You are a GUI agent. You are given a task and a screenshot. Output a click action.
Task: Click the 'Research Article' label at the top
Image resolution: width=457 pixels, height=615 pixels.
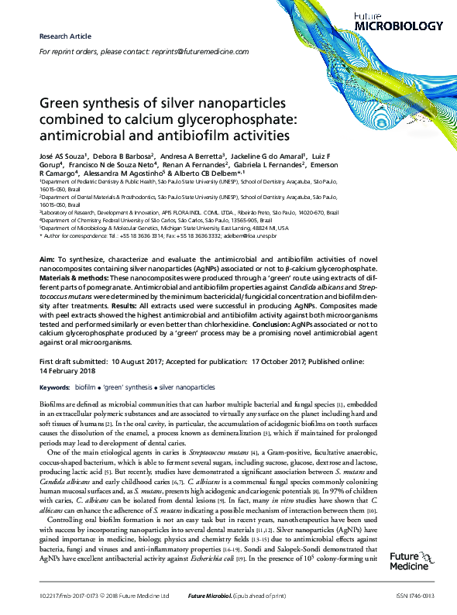pyautogui.click(x=64, y=36)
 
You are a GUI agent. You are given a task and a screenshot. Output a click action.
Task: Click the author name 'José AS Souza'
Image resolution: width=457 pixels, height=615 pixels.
pyautogui.click(x=63, y=155)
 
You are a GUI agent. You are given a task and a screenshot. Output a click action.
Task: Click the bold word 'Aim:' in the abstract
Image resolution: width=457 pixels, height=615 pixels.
pyautogui.click(x=46, y=256)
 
